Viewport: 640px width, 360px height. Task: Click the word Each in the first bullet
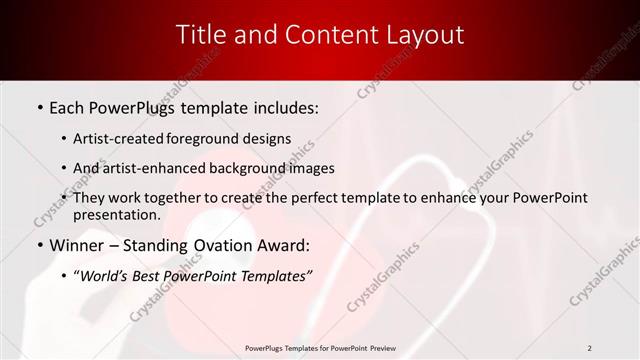click(69, 107)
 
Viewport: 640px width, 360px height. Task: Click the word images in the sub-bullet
click(312, 168)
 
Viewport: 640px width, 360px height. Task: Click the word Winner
click(75, 245)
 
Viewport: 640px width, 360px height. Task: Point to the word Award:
click(284, 245)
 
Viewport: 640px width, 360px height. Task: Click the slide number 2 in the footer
click(590, 348)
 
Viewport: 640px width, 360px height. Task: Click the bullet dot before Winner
click(38, 246)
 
